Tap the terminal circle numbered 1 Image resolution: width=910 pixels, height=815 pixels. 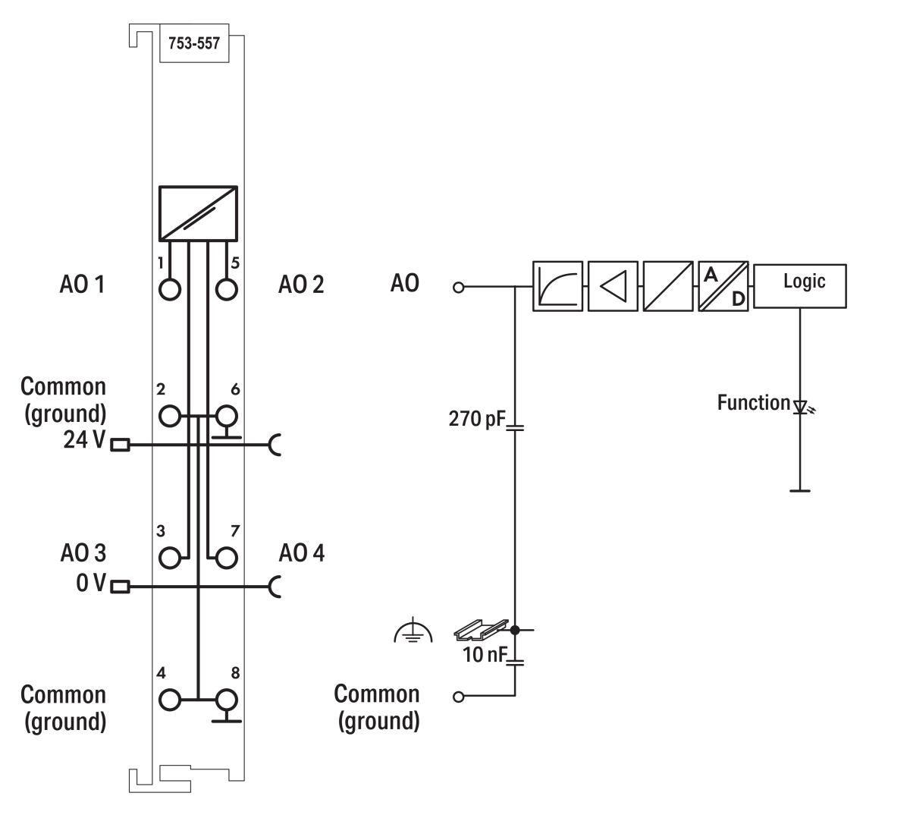[x=171, y=289]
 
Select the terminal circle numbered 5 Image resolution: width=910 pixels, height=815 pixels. [x=226, y=289]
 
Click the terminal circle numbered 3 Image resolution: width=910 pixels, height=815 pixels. [x=171, y=558]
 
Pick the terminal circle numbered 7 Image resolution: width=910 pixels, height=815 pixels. [x=226, y=558]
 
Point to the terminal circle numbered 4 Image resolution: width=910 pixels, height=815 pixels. [x=171, y=699]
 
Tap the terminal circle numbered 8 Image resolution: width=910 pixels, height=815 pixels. [x=226, y=699]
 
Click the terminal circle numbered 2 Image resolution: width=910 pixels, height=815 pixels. [x=171, y=416]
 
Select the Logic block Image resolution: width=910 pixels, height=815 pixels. [x=801, y=286]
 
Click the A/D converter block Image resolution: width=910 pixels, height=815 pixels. [x=723, y=286]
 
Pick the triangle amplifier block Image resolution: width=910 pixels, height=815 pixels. [x=613, y=286]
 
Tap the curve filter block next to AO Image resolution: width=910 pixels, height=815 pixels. [x=557, y=286]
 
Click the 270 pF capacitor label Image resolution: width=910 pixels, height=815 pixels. [x=476, y=418]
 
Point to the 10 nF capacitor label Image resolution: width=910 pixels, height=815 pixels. [x=484, y=654]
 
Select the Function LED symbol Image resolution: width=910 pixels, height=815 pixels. [x=801, y=407]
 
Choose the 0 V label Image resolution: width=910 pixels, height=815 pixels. [x=89, y=584]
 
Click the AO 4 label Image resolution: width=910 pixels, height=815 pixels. [x=301, y=552]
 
